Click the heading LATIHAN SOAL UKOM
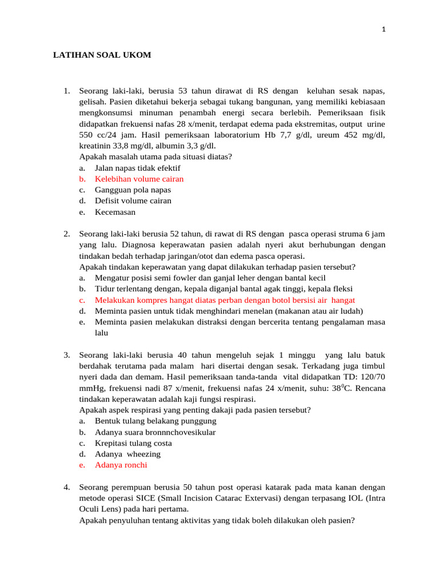(102, 55)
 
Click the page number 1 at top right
(384, 30)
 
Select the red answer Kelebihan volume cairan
(139, 179)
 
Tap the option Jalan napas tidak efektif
(137, 168)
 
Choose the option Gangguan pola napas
(133, 190)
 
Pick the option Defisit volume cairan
(133, 201)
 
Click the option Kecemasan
(115, 212)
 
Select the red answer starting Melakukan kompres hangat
(225, 300)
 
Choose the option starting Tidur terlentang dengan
(224, 289)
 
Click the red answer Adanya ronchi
(121, 465)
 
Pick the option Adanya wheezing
(127, 454)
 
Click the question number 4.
(66, 487)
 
